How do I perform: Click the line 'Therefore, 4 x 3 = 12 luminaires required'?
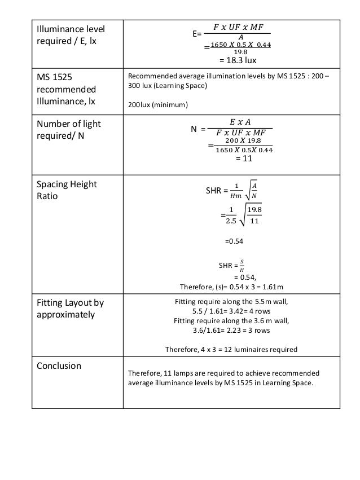pos(231,349)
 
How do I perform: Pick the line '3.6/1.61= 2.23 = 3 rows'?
pos(231,331)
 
